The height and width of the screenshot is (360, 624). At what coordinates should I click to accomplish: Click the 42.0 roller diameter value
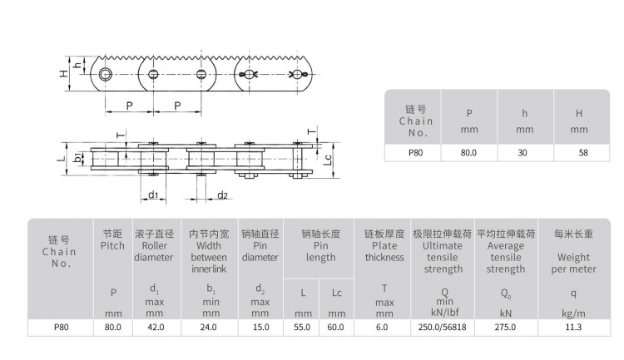(x=156, y=328)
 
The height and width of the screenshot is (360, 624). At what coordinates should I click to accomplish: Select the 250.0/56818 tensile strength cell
(x=442, y=328)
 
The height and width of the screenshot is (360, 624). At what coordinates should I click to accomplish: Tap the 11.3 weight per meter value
(x=573, y=328)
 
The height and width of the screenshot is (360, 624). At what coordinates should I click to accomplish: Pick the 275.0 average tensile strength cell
(x=505, y=328)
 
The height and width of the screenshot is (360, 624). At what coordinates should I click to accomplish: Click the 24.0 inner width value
(x=209, y=328)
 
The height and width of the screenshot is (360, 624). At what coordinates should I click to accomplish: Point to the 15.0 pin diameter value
(x=261, y=328)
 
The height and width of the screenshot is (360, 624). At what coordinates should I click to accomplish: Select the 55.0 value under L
(x=302, y=328)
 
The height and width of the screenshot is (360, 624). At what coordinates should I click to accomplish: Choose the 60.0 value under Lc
(x=335, y=328)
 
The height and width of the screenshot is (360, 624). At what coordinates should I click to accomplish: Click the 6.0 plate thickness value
(x=382, y=328)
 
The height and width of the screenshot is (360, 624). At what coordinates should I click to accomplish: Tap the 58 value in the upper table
(x=583, y=153)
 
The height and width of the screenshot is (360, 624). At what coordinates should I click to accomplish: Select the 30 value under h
(x=522, y=153)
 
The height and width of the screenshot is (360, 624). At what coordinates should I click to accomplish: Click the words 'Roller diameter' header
(x=154, y=251)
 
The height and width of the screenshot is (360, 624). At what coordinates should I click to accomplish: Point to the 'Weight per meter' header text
(x=573, y=264)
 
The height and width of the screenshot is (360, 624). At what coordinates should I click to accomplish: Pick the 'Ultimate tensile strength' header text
(x=443, y=258)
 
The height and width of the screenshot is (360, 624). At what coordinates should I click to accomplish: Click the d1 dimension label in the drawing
(x=153, y=195)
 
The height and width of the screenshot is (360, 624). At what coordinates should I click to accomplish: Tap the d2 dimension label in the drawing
(x=222, y=195)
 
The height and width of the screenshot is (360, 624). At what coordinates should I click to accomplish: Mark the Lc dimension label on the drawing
(x=328, y=159)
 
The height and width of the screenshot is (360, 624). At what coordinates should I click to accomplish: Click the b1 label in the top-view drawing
(x=78, y=157)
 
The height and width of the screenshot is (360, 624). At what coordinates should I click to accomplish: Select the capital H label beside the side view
(x=64, y=73)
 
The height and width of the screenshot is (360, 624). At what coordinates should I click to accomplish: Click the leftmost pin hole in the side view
(x=106, y=74)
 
